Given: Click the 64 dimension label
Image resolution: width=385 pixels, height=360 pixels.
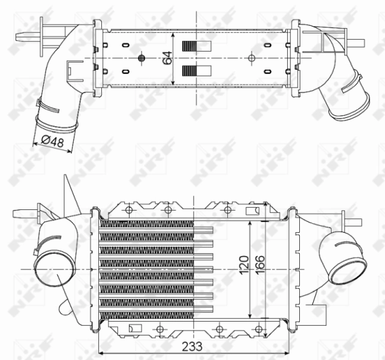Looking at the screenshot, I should click(x=168, y=58).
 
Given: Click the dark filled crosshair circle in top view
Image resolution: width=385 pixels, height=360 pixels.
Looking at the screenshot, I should click(x=142, y=58).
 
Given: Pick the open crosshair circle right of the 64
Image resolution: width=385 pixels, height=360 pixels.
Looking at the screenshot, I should click(x=251, y=58).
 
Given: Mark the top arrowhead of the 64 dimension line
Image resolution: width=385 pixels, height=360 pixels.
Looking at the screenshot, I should click(x=174, y=34).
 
